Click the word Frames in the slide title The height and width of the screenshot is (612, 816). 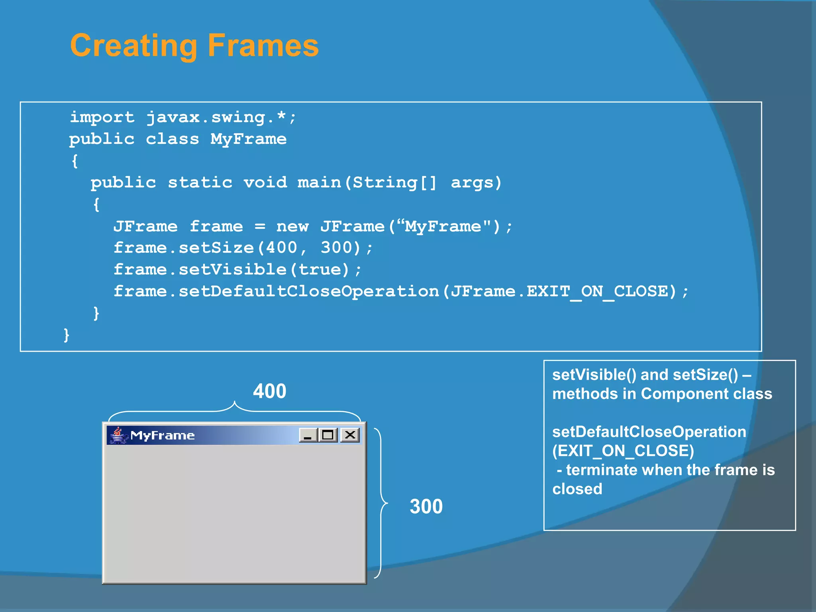click(263, 45)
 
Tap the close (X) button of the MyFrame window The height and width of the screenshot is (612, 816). click(350, 435)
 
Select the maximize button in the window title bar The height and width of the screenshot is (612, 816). click(328, 435)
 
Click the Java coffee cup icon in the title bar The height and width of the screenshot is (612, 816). click(118, 435)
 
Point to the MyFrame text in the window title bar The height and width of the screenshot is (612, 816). click(163, 435)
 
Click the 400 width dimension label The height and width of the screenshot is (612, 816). click(270, 391)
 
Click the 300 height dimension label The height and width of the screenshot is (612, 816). click(426, 506)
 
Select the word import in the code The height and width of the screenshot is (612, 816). click(102, 117)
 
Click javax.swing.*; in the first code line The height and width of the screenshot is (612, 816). click(221, 117)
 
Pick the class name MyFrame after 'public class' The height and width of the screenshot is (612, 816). click(248, 139)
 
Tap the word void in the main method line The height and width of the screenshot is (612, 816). click(265, 182)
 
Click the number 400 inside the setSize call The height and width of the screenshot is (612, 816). click(281, 247)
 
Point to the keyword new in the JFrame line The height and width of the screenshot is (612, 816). click(292, 226)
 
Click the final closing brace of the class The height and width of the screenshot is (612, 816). click(67, 335)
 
